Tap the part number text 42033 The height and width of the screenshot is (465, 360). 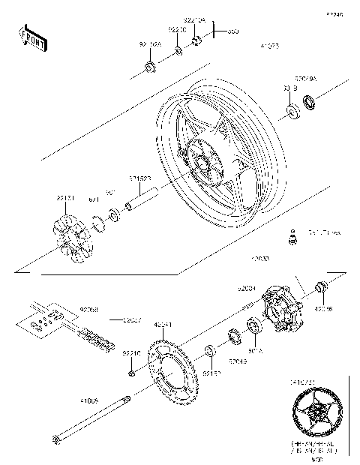click(x=260, y=259)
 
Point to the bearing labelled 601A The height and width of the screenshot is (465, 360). click(x=253, y=326)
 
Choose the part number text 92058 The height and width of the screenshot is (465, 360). click(x=88, y=307)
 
